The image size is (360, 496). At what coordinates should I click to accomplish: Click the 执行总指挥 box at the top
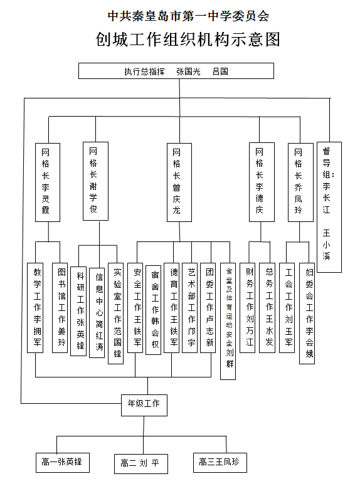[x=176, y=71]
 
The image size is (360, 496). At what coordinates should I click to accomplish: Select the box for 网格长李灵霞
[x=48, y=182]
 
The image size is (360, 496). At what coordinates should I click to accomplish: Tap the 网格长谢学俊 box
[x=95, y=181]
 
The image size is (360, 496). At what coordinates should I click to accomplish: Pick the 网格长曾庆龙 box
[x=179, y=182]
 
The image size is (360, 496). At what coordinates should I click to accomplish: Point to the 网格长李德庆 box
[x=262, y=182]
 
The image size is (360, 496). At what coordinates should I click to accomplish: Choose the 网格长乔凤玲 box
[x=300, y=182]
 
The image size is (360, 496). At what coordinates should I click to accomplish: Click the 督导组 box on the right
[x=329, y=207]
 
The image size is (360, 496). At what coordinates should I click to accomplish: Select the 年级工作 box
[x=144, y=405]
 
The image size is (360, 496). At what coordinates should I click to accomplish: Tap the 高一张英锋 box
[x=63, y=463]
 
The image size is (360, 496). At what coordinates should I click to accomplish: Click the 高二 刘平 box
[x=141, y=464]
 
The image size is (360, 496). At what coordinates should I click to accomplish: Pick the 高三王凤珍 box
[x=220, y=463]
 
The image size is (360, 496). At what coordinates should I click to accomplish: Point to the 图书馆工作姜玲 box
[x=60, y=308]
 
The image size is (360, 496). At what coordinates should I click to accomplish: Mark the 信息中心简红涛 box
[x=97, y=313]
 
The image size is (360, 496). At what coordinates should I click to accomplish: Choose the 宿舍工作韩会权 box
[x=154, y=309]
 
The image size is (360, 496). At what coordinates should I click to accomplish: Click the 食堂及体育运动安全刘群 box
[x=228, y=321]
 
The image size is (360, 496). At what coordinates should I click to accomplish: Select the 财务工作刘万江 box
[x=247, y=308]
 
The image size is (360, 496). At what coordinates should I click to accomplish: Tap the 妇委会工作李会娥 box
[x=307, y=313]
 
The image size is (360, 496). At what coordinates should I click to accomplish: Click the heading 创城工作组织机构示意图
[x=188, y=40]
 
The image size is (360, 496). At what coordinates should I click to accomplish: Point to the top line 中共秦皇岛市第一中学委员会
[x=188, y=16]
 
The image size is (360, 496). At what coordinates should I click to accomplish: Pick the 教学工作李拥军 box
[x=35, y=308]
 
